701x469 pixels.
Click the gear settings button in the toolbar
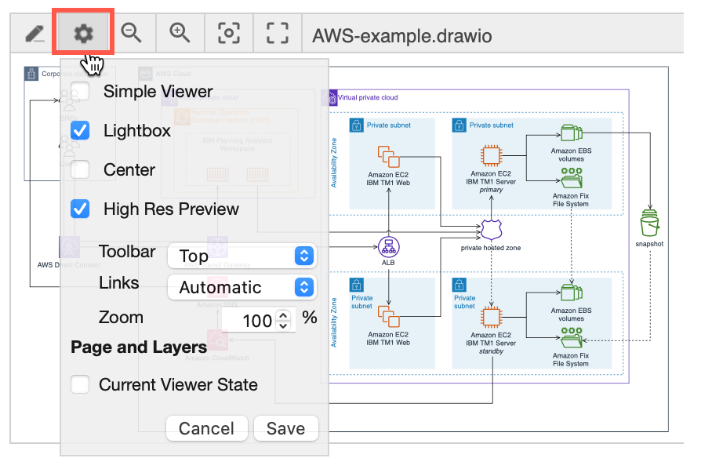83,33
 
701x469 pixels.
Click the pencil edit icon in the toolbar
35,33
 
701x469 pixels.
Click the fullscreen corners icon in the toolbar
277,33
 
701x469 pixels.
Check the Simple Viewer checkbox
80,92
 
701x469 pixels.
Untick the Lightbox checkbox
80,131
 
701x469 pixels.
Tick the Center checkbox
80,170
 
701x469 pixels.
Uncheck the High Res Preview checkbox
80,209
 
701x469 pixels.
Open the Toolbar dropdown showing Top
242,256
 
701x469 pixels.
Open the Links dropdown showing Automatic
242,287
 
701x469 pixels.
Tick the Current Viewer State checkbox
80,385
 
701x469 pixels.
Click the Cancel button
206,428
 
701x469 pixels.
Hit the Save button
285,428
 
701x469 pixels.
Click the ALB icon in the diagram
388,246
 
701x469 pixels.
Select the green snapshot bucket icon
650,223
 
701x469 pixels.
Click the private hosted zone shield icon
491,230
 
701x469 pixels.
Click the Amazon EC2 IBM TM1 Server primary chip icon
491,155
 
